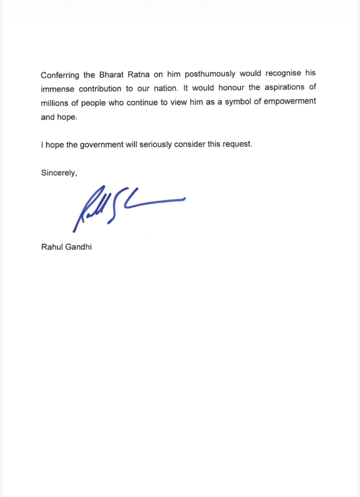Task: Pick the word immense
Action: pyautogui.click(x=57, y=89)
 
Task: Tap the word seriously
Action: pyautogui.click(x=158, y=145)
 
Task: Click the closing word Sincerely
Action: pyautogui.click(x=59, y=173)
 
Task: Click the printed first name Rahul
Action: pyautogui.click(x=51, y=247)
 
